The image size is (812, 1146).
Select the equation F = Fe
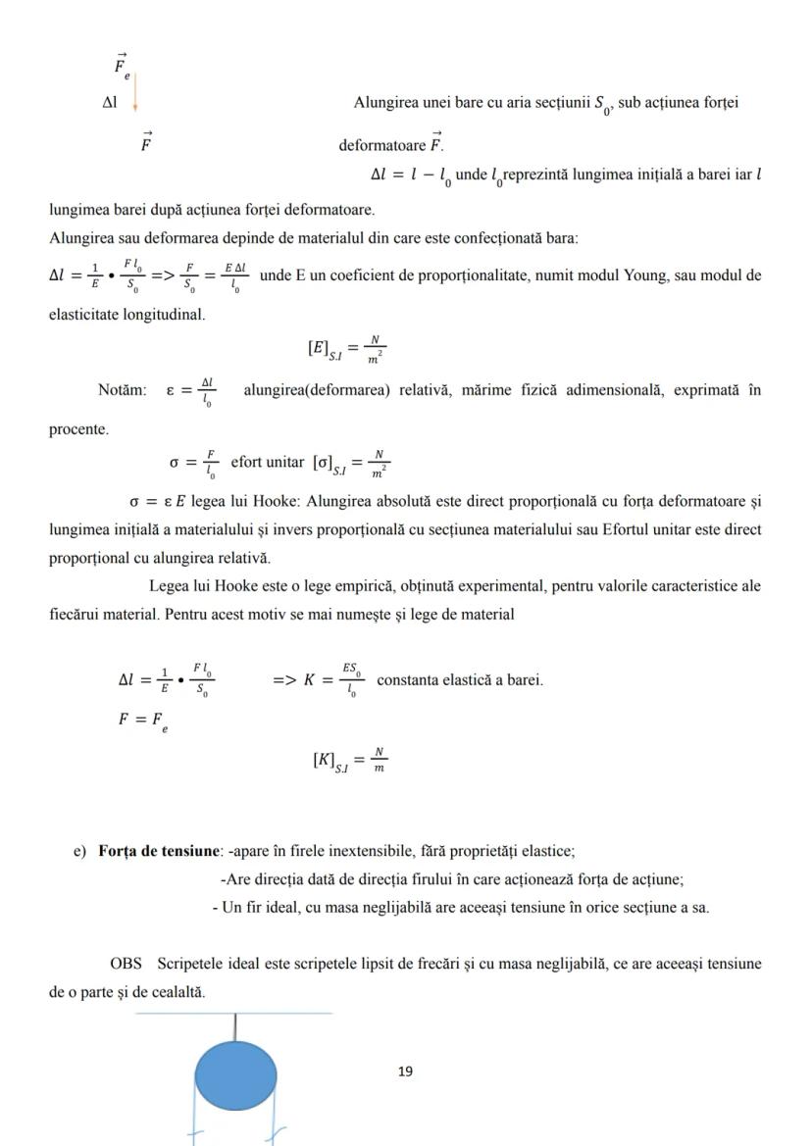tap(140, 718)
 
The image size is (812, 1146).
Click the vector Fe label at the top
tap(123, 65)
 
